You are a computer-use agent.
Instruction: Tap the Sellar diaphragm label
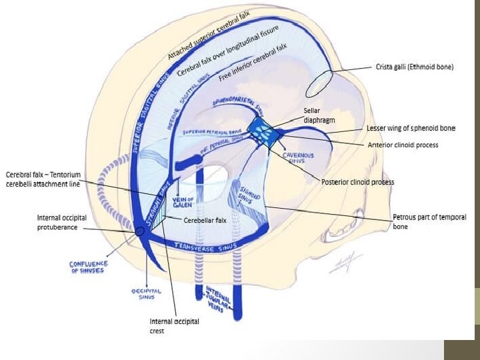pos(319,115)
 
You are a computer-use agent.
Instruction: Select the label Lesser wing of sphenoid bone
pos(411,128)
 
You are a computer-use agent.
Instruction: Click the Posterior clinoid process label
pos(357,182)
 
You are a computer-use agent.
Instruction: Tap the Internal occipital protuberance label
pos(61,223)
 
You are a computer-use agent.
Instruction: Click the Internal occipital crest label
pos(174,326)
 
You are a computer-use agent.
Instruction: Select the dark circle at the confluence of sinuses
pos(141,231)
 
